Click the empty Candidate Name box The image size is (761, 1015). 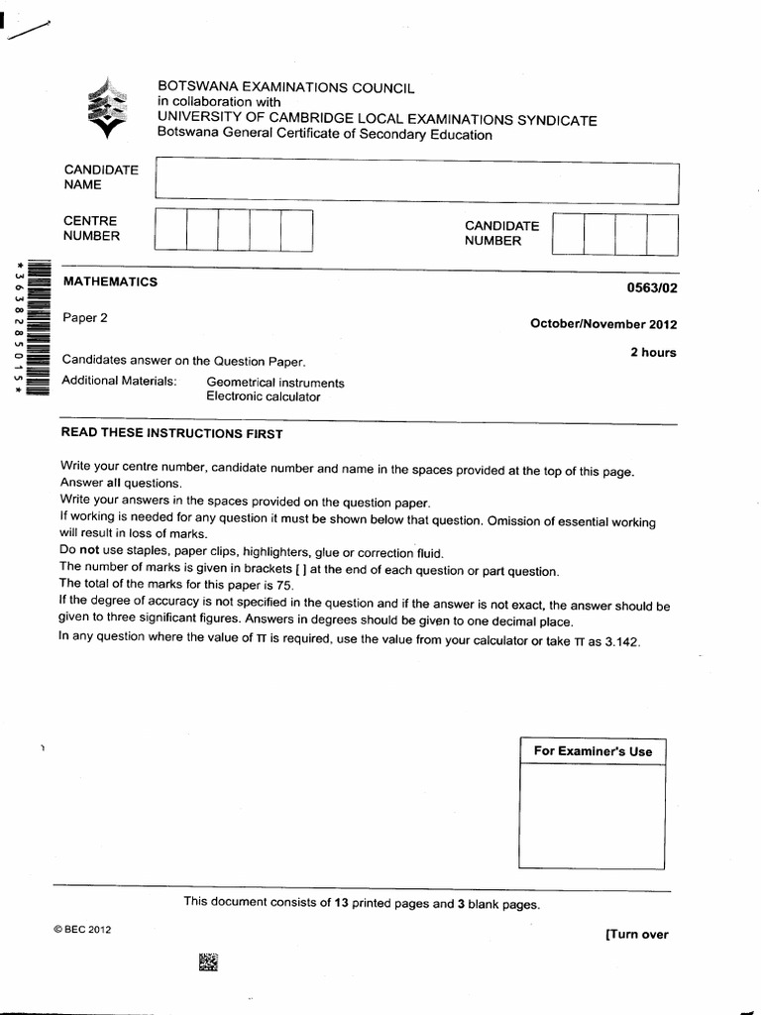pyautogui.click(x=416, y=183)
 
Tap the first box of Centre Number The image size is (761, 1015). pyautogui.click(x=170, y=230)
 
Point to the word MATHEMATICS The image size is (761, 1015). pyautogui.click(x=110, y=282)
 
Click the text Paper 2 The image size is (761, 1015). pyautogui.click(x=84, y=318)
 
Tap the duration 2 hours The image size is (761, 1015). pyautogui.click(x=654, y=353)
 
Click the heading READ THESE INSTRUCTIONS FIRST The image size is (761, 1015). pyautogui.click(x=171, y=434)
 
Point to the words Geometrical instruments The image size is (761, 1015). pyautogui.click(x=274, y=383)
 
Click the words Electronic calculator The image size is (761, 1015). pyautogui.click(x=264, y=396)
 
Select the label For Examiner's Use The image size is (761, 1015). pyautogui.click(x=593, y=751)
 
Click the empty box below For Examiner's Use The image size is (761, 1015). pyautogui.click(x=593, y=817)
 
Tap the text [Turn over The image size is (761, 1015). pyautogui.click(x=636, y=934)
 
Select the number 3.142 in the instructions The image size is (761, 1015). pyautogui.click(x=619, y=641)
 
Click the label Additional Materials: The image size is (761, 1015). pyautogui.click(x=119, y=382)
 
